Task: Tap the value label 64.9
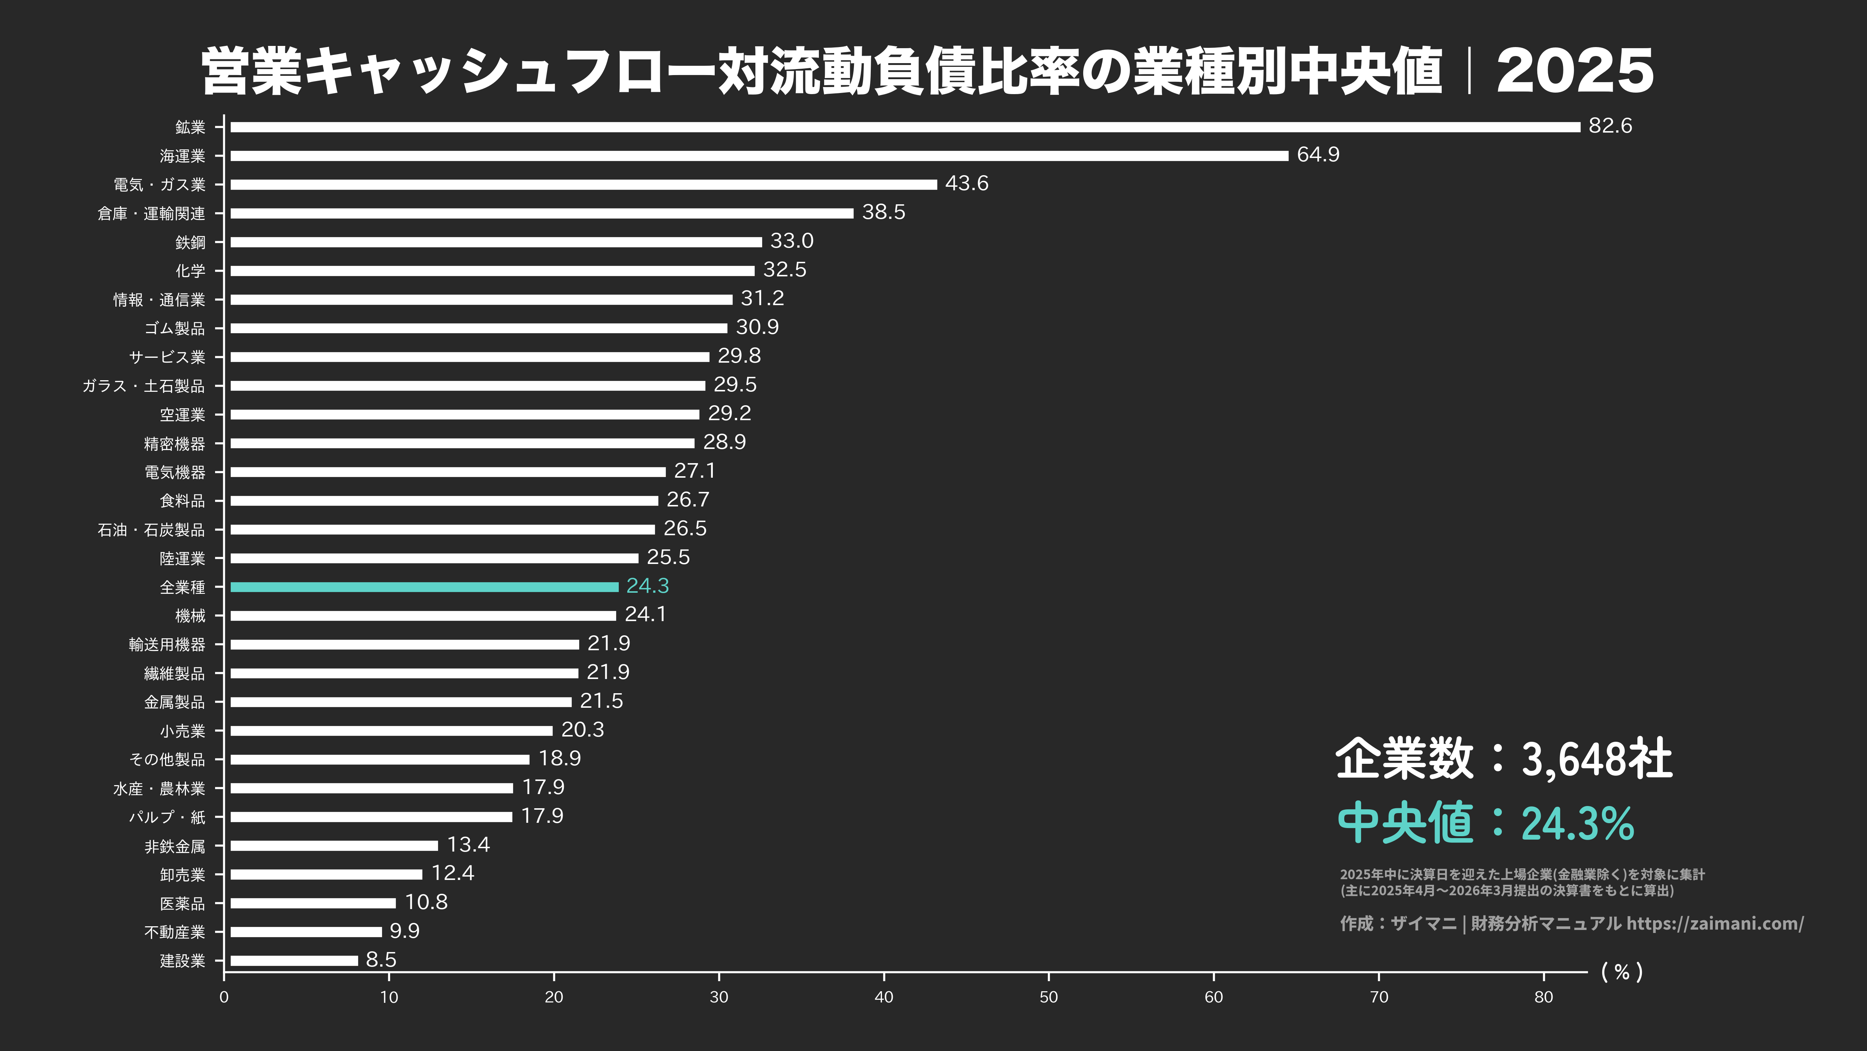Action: point(1318,154)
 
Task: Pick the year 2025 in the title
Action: point(1575,71)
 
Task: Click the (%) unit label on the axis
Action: point(1622,972)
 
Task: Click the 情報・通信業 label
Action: point(159,300)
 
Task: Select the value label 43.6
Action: point(966,183)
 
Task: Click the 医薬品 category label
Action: point(183,903)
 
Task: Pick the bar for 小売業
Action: point(391,731)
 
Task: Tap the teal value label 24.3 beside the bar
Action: point(647,586)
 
